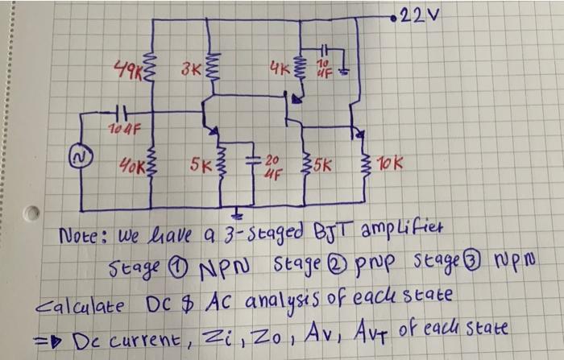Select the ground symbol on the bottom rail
(236, 214)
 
